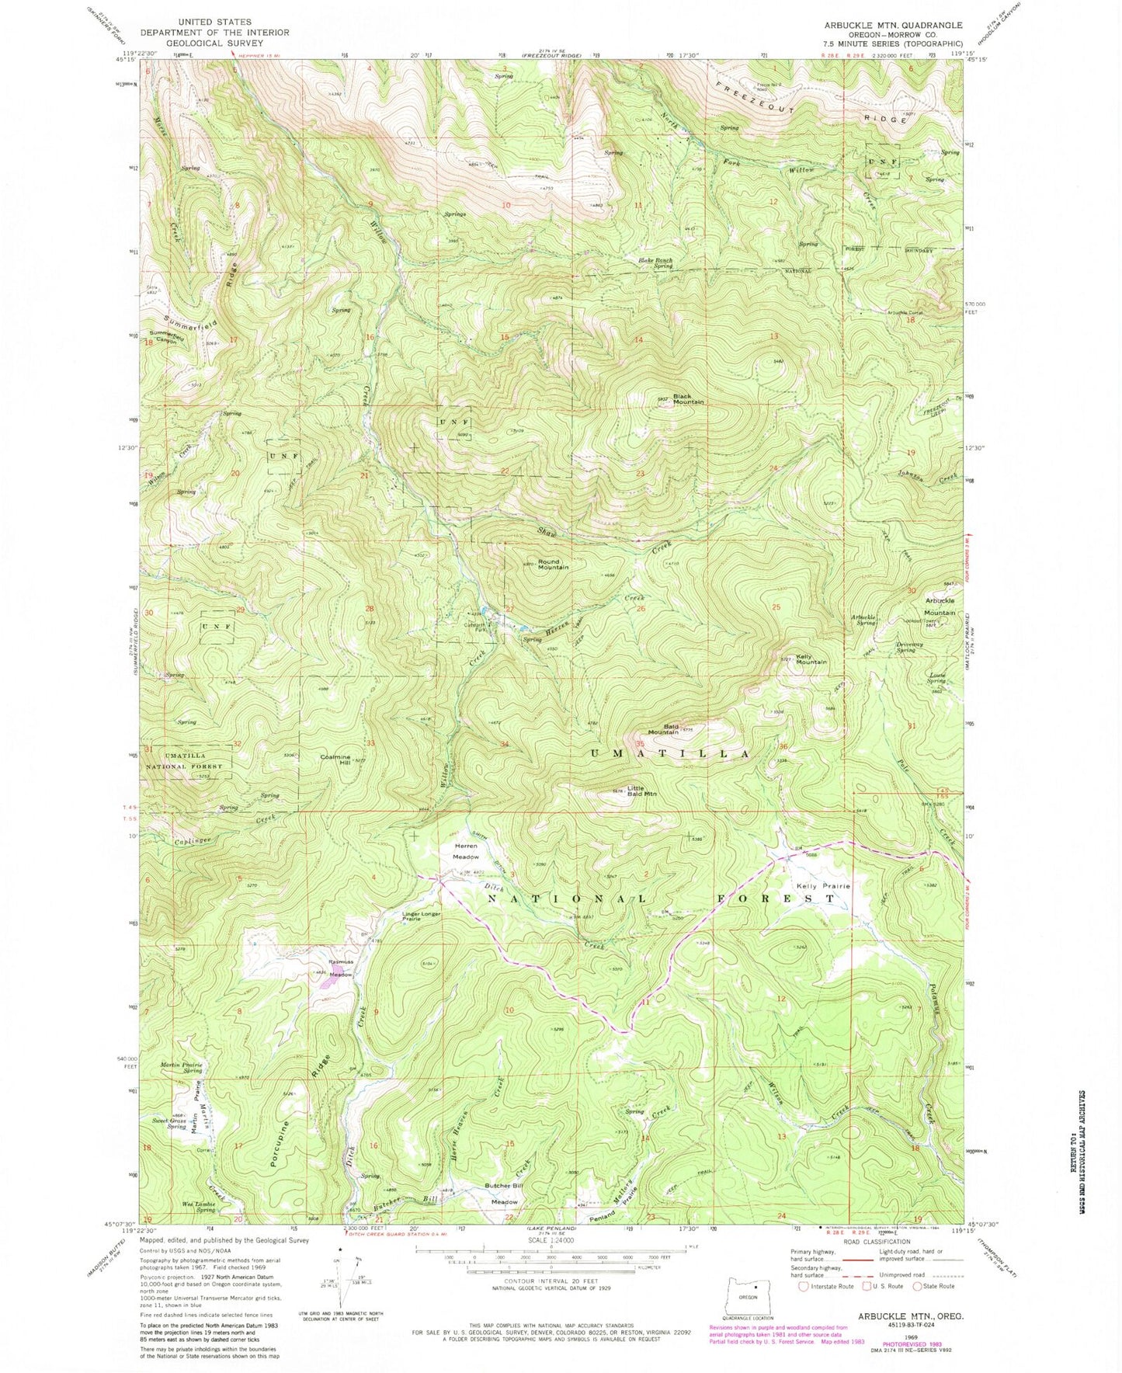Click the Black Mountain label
(x=688, y=398)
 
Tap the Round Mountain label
(x=549, y=564)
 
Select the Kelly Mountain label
(x=808, y=658)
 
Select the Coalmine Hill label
(x=335, y=759)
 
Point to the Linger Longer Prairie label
(x=422, y=916)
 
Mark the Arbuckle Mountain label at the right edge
(x=939, y=607)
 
